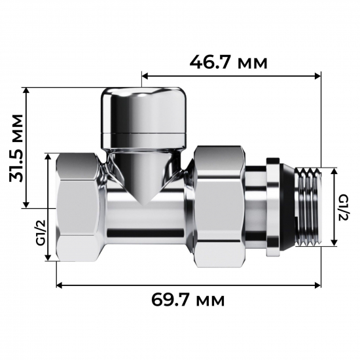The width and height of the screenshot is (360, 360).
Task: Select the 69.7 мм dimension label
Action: click(189, 300)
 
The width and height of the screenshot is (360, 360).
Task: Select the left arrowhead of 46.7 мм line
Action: click(144, 77)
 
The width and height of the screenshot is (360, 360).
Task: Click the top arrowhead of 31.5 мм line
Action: click(26, 90)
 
